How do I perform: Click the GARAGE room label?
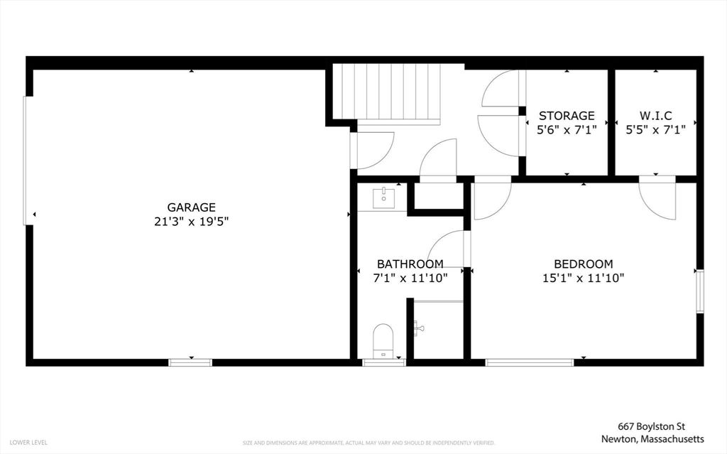[192, 207]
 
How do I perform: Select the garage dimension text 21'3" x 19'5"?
[192, 222]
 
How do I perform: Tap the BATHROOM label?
[410, 264]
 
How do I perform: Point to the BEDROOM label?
[584, 264]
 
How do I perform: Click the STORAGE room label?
[567, 115]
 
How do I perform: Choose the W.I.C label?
[655, 115]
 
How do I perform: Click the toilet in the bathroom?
[383, 341]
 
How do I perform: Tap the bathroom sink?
[384, 198]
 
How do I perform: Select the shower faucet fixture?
[419, 328]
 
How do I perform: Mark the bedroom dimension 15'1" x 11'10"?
[584, 278]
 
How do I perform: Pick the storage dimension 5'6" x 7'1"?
[567, 129]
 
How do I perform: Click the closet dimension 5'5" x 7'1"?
[655, 129]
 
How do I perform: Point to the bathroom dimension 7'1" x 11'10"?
[410, 278]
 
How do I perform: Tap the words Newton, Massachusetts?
[652, 438]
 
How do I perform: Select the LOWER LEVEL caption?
[28, 443]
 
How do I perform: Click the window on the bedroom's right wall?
[700, 291]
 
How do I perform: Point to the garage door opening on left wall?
[28, 161]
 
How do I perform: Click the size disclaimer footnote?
[368, 443]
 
